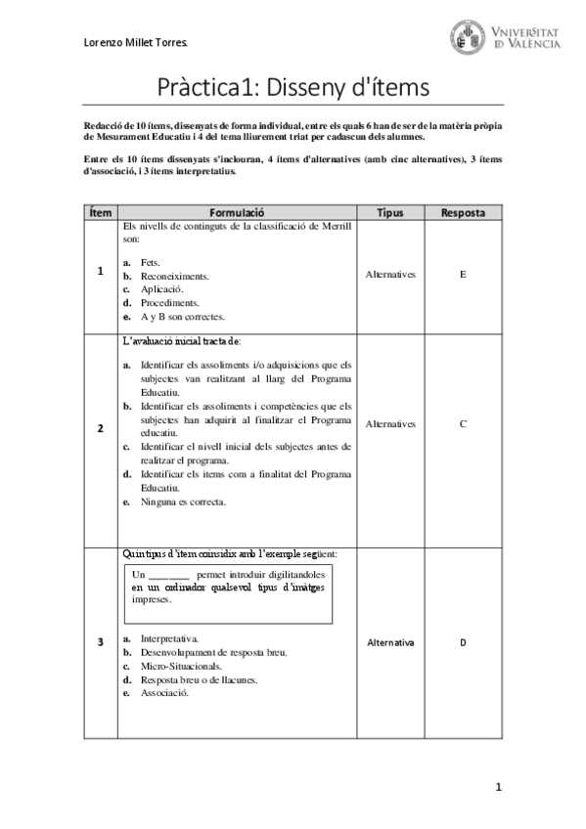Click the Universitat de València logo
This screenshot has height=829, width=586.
click(x=507, y=37)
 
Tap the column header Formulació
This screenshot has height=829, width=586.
click(x=238, y=212)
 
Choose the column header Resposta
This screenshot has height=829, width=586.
click(x=463, y=212)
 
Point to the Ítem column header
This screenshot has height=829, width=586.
click(x=100, y=212)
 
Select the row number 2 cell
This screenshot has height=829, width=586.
click(x=100, y=428)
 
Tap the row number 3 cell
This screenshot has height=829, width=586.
click(x=100, y=641)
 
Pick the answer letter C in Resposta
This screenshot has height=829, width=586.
click(x=463, y=424)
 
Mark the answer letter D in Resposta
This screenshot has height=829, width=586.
click(x=463, y=642)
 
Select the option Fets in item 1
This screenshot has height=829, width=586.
click(x=150, y=263)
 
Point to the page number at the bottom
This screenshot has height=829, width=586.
click(x=498, y=786)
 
